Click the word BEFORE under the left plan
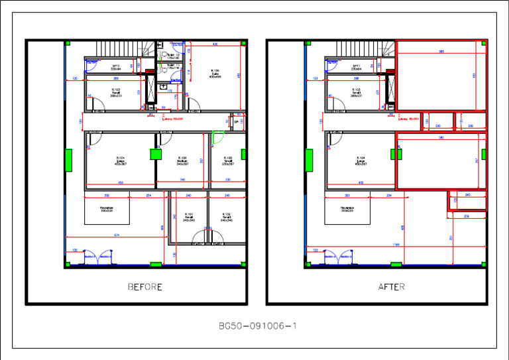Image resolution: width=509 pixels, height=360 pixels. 144,287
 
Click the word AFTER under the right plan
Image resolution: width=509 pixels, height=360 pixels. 391,287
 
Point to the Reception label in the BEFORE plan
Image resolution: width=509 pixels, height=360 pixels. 106,209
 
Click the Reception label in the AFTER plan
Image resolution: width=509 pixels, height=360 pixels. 347,209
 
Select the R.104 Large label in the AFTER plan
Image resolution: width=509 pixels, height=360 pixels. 360,160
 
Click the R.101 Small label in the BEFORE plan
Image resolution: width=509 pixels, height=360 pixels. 188,217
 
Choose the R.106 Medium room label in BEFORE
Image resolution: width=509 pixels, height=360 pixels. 182,160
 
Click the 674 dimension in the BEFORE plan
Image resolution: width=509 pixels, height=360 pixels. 117,235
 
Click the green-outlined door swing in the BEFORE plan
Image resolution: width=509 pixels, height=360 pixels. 217,139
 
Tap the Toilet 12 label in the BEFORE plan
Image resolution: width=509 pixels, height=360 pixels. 173,55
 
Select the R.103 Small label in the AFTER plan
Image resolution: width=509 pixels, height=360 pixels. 356,93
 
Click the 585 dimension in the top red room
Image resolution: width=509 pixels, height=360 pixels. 441,50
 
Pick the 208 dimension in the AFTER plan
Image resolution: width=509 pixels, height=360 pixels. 467,216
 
